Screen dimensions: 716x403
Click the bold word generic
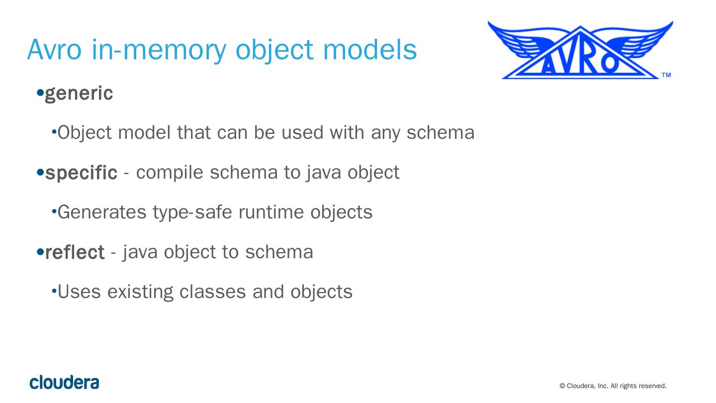click(x=79, y=94)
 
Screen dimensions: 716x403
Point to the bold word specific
click(x=81, y=173)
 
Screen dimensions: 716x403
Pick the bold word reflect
click(x=75, y=252)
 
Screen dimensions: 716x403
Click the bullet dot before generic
click(x=40, y=93)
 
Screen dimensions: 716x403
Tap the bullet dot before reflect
click(x=40, y=252)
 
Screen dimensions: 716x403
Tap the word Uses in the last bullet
click(x=79, y=292)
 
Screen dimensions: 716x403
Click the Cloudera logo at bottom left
click(x=64, y=383)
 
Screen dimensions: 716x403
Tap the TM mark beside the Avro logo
click(x=666, y=75)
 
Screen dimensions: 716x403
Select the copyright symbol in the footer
click(x=562, y=386)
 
